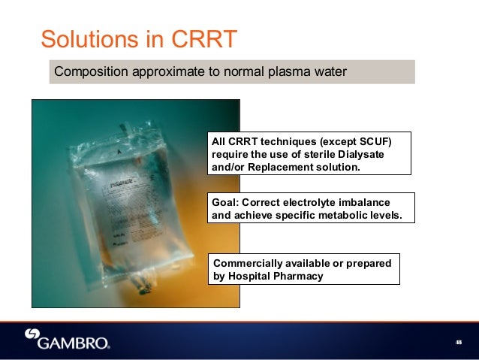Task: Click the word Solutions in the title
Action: [86, 38]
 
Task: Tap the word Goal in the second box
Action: [226, 203]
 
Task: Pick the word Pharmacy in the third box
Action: [299, 276]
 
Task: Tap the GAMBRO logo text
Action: [74, 343]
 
